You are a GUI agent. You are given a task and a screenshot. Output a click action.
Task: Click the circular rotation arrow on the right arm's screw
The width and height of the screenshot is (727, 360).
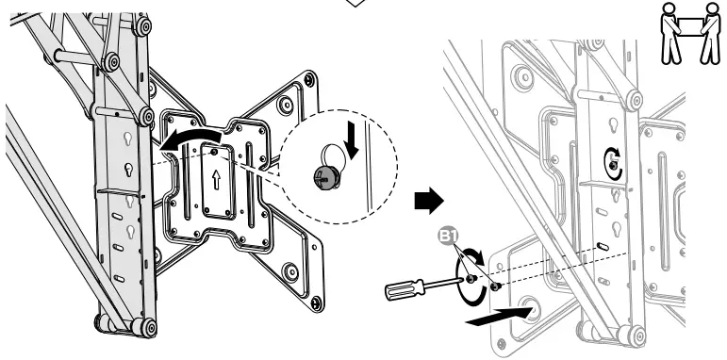[x=615, y=162]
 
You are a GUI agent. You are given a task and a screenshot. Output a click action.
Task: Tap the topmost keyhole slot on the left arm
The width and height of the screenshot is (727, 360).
[x=124, y=138]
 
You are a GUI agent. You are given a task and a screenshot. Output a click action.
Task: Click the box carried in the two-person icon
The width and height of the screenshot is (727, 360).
[x=692, y=23]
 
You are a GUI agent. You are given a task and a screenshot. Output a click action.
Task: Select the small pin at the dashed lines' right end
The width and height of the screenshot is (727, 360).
[x=601, y=248]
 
